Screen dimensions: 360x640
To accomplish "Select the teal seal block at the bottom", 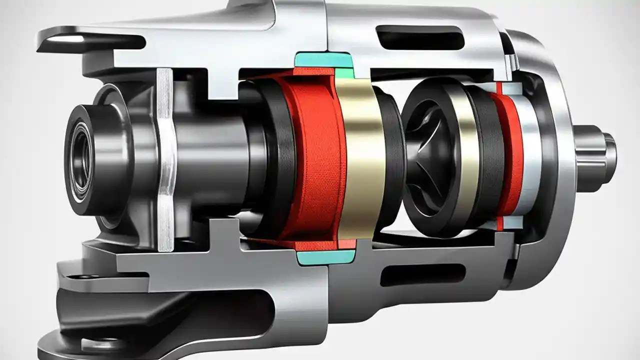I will (325, 257).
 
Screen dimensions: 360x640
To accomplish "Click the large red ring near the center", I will (315, 160).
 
